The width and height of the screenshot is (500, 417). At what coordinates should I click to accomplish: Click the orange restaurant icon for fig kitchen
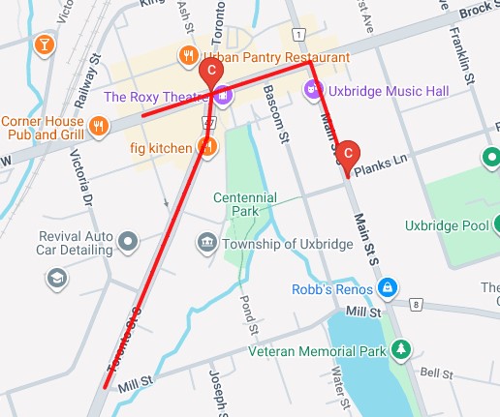point(206,147)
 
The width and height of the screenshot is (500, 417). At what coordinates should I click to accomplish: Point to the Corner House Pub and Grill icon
point(98,125)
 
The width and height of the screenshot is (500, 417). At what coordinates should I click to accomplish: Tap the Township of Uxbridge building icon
point(206,242)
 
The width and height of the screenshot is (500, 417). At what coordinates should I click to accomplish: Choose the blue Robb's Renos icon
point(387,287)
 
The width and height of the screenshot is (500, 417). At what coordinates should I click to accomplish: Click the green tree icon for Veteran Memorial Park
point(397,349)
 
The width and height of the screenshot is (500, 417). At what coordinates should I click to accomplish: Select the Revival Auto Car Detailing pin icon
point(128,238)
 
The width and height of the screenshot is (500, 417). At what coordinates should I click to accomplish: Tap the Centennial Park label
point(245,205)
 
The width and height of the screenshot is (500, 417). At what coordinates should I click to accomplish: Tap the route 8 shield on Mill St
point(416,305)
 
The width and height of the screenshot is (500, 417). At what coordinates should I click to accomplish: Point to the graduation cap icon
point(57,279)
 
